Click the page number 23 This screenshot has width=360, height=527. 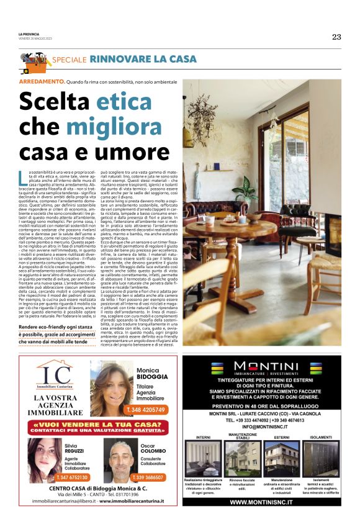(x=336, y=37)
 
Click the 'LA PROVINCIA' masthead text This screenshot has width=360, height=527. (x=29, y=33)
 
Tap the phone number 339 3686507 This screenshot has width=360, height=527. (x=148, y=477)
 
